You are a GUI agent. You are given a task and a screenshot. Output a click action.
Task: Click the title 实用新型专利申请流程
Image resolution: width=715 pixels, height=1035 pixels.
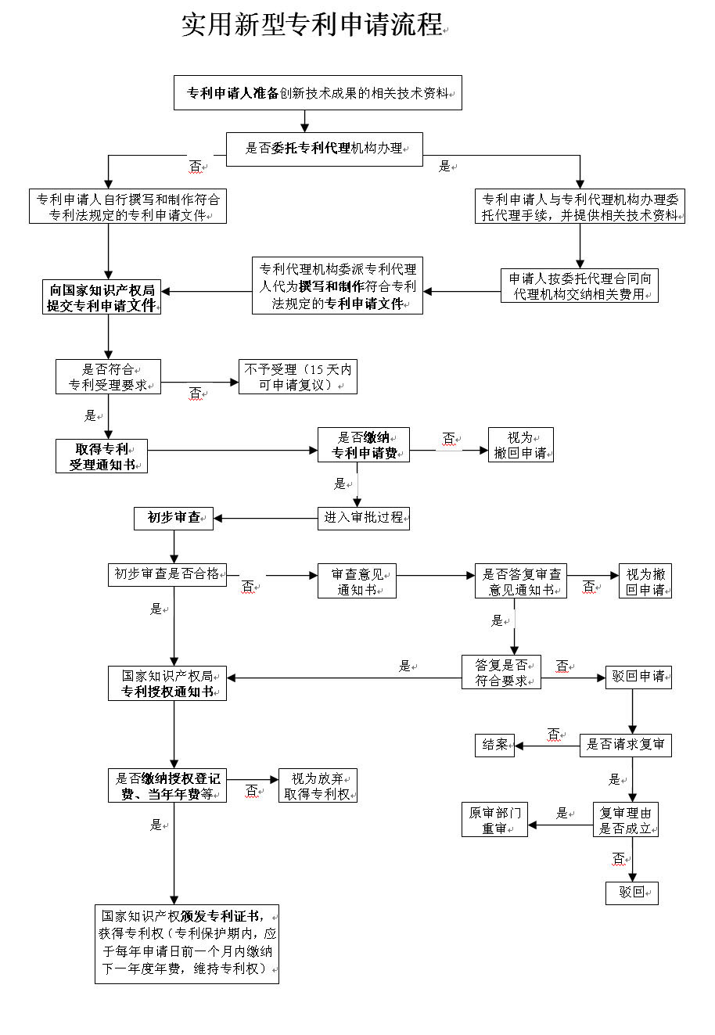[x=312, y=24]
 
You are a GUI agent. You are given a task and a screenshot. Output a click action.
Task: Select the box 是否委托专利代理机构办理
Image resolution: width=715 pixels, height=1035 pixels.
[x=324, y=149]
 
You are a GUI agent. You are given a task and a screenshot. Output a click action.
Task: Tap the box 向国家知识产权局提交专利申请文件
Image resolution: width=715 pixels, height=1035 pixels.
[x=102, y=296]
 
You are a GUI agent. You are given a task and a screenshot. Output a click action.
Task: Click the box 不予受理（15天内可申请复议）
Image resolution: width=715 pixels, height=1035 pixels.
[x=298, y=376]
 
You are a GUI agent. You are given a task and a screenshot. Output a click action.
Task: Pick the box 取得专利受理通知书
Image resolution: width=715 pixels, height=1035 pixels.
[x=102, y=456]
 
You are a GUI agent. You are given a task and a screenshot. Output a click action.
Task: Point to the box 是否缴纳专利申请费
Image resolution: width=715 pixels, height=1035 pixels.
[x=364, y=444]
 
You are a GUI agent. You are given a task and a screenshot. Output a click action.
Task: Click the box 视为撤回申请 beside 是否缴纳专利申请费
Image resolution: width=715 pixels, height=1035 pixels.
[x=520, y=444]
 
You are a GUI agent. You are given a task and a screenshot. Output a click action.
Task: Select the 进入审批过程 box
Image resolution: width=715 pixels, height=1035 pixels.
[x=364, y=519]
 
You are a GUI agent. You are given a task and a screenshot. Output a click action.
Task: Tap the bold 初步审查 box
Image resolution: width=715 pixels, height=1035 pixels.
[x=174, y=519]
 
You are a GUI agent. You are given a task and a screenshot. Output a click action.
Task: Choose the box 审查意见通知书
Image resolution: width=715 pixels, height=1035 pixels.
[x=357, y=580]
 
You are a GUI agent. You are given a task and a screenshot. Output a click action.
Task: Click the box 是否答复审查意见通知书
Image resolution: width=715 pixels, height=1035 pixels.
[x=520, y=580]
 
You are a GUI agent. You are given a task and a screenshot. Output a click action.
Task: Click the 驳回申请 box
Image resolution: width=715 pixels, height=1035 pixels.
[x=638, y=677]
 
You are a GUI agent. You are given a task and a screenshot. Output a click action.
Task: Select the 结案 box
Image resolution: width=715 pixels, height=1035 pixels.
[x=494, y=746]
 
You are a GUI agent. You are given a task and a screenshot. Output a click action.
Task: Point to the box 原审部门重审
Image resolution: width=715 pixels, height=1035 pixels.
[x=494, y=820]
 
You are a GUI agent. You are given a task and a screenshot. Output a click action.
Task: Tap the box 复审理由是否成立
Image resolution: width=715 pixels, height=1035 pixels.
[x=625, y=820]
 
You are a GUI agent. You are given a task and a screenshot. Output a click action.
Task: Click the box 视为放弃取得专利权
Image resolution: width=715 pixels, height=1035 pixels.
[x=318, y=785]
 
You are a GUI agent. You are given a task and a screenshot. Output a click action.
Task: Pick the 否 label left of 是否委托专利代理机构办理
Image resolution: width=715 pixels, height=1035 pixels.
[x=196, y=166]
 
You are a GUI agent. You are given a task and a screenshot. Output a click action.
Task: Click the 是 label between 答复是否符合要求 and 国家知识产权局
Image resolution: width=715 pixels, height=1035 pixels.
[x=405, y=666]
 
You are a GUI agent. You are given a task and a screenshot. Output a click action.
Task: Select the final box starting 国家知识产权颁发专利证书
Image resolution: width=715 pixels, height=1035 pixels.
[x=187, y=944]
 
